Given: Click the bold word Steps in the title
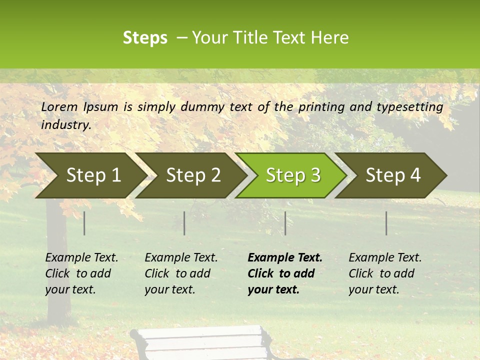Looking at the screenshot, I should pos(145,38).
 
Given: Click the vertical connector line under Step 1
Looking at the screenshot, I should pos(84,223).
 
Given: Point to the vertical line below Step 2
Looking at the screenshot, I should pos(184,223).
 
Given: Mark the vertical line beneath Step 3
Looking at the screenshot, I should pos(285,223).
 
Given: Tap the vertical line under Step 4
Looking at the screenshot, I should pos(386,223).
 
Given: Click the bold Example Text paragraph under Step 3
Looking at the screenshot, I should pos(285,273).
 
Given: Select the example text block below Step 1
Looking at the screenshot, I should pos(81,273).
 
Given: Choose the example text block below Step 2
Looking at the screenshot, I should pos(181,273).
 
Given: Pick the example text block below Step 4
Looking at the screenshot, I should pos(385,273).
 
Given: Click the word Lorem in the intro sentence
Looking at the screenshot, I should pos(59,106).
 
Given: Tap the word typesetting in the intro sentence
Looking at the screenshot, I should pos(409,107).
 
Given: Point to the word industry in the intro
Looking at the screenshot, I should pos(65,124).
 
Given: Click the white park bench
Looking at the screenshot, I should pos(200,343).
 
